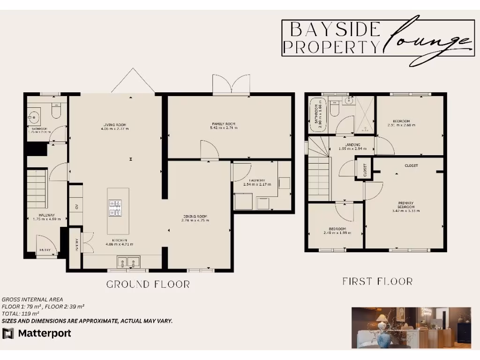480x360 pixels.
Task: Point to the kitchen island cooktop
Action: (115, 208)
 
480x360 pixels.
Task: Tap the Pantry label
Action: (76, 246)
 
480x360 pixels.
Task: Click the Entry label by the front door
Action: (45, 250)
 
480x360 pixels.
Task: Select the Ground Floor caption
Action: (148, 284)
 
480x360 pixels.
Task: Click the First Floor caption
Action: (377, 281)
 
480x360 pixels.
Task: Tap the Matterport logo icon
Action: (8, 333)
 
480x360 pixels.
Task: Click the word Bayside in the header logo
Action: (335, 30)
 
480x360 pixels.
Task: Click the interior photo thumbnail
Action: (411, 327)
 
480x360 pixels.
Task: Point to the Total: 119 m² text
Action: (21, 313)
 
